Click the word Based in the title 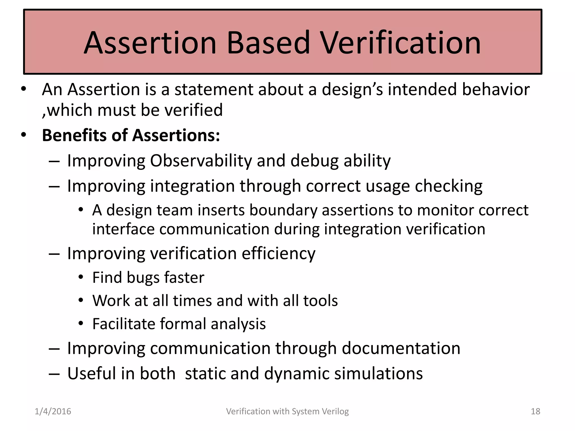[x=268, y=43]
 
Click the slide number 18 [x=535, y=411]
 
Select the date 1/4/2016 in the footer [x=53, y=411]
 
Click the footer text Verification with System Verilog [x=287, y=411]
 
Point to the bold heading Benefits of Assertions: [x=131, y=135]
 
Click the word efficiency [x=278, y=254]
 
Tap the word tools [x=320, y=301]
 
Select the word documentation [x=401, y=348]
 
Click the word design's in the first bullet [x=352, y=90]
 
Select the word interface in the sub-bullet [x=123, y=229]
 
